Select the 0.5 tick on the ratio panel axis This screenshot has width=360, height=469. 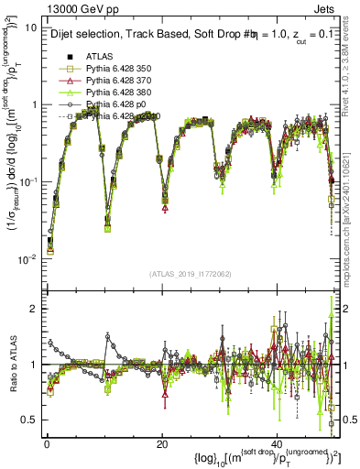30,420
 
